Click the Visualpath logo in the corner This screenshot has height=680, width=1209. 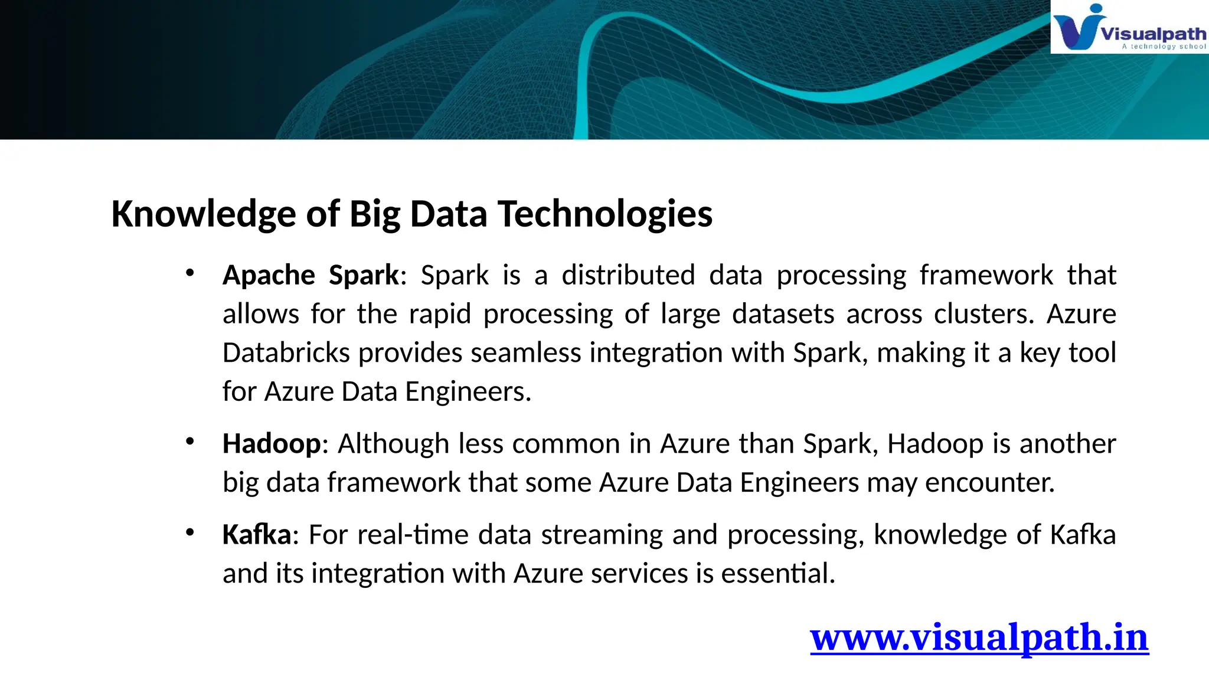[1128, 27]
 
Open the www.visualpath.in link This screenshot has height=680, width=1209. [979, 637]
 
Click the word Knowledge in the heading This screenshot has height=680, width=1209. [204, 214]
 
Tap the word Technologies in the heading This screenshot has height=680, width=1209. [605, 214]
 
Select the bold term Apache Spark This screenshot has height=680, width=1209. [311, 275]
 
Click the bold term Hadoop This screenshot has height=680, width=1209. [272, 444]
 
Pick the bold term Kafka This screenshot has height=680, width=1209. [256, 535]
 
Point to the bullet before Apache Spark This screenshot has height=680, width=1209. [189, 273]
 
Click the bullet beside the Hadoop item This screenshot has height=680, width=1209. [189, 442]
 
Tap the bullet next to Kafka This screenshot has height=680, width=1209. [189, 532]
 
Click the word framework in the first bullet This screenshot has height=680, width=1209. [986, 275]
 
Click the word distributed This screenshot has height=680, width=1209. [628, 275]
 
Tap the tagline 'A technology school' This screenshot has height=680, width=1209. [1164, 46]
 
